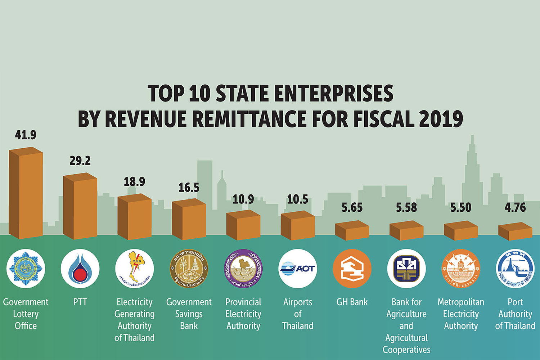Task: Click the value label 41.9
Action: (x=26, y=135)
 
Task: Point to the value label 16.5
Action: (x=189, y=188)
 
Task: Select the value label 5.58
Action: (x=406, y=207)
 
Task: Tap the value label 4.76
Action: (x=515, y=207)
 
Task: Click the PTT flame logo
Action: (x=80, y=269)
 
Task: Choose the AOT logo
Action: (x=298, y=269)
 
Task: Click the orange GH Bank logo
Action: (x=352, y=269)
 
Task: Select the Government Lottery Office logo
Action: (x=26, y=269)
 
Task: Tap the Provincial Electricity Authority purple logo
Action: (x=243, y=269)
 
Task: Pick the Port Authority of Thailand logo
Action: (x=515, y=269)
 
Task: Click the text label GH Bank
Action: (x=352, y=302)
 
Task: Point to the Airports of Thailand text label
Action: (x=298, y=314)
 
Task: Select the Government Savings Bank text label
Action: (x=189, y=314)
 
